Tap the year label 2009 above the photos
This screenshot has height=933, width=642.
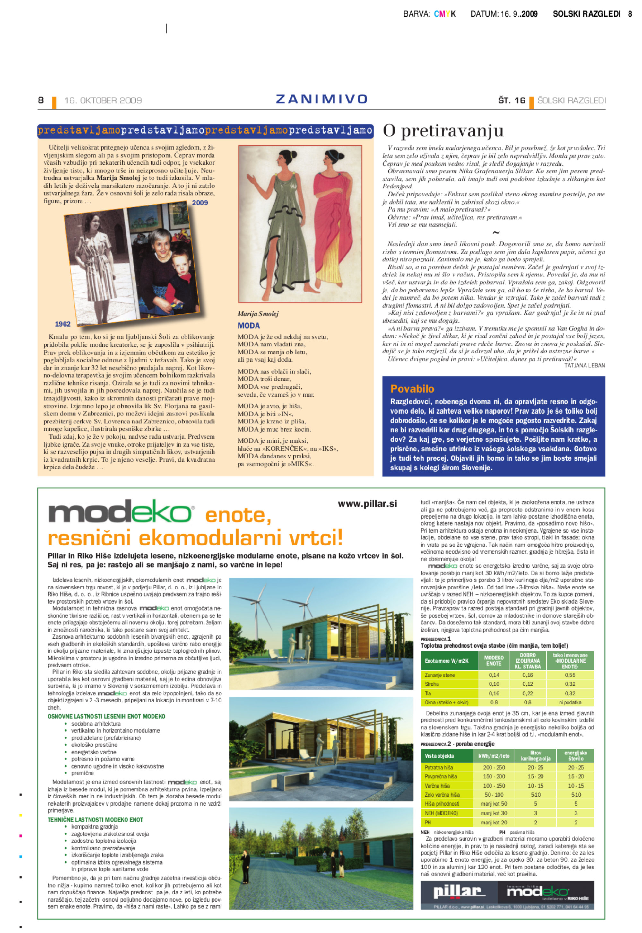point(200,203)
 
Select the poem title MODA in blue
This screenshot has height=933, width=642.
point(248,326)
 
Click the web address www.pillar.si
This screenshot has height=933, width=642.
point(367,504)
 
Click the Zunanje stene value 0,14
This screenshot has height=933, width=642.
point(494,675)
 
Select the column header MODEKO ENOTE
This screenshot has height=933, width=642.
point(494,661)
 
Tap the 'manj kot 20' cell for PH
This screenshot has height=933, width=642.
point(494,823)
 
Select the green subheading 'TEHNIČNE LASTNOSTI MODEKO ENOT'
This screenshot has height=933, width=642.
point(95,820)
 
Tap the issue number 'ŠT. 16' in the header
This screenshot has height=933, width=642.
point(511,100)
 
